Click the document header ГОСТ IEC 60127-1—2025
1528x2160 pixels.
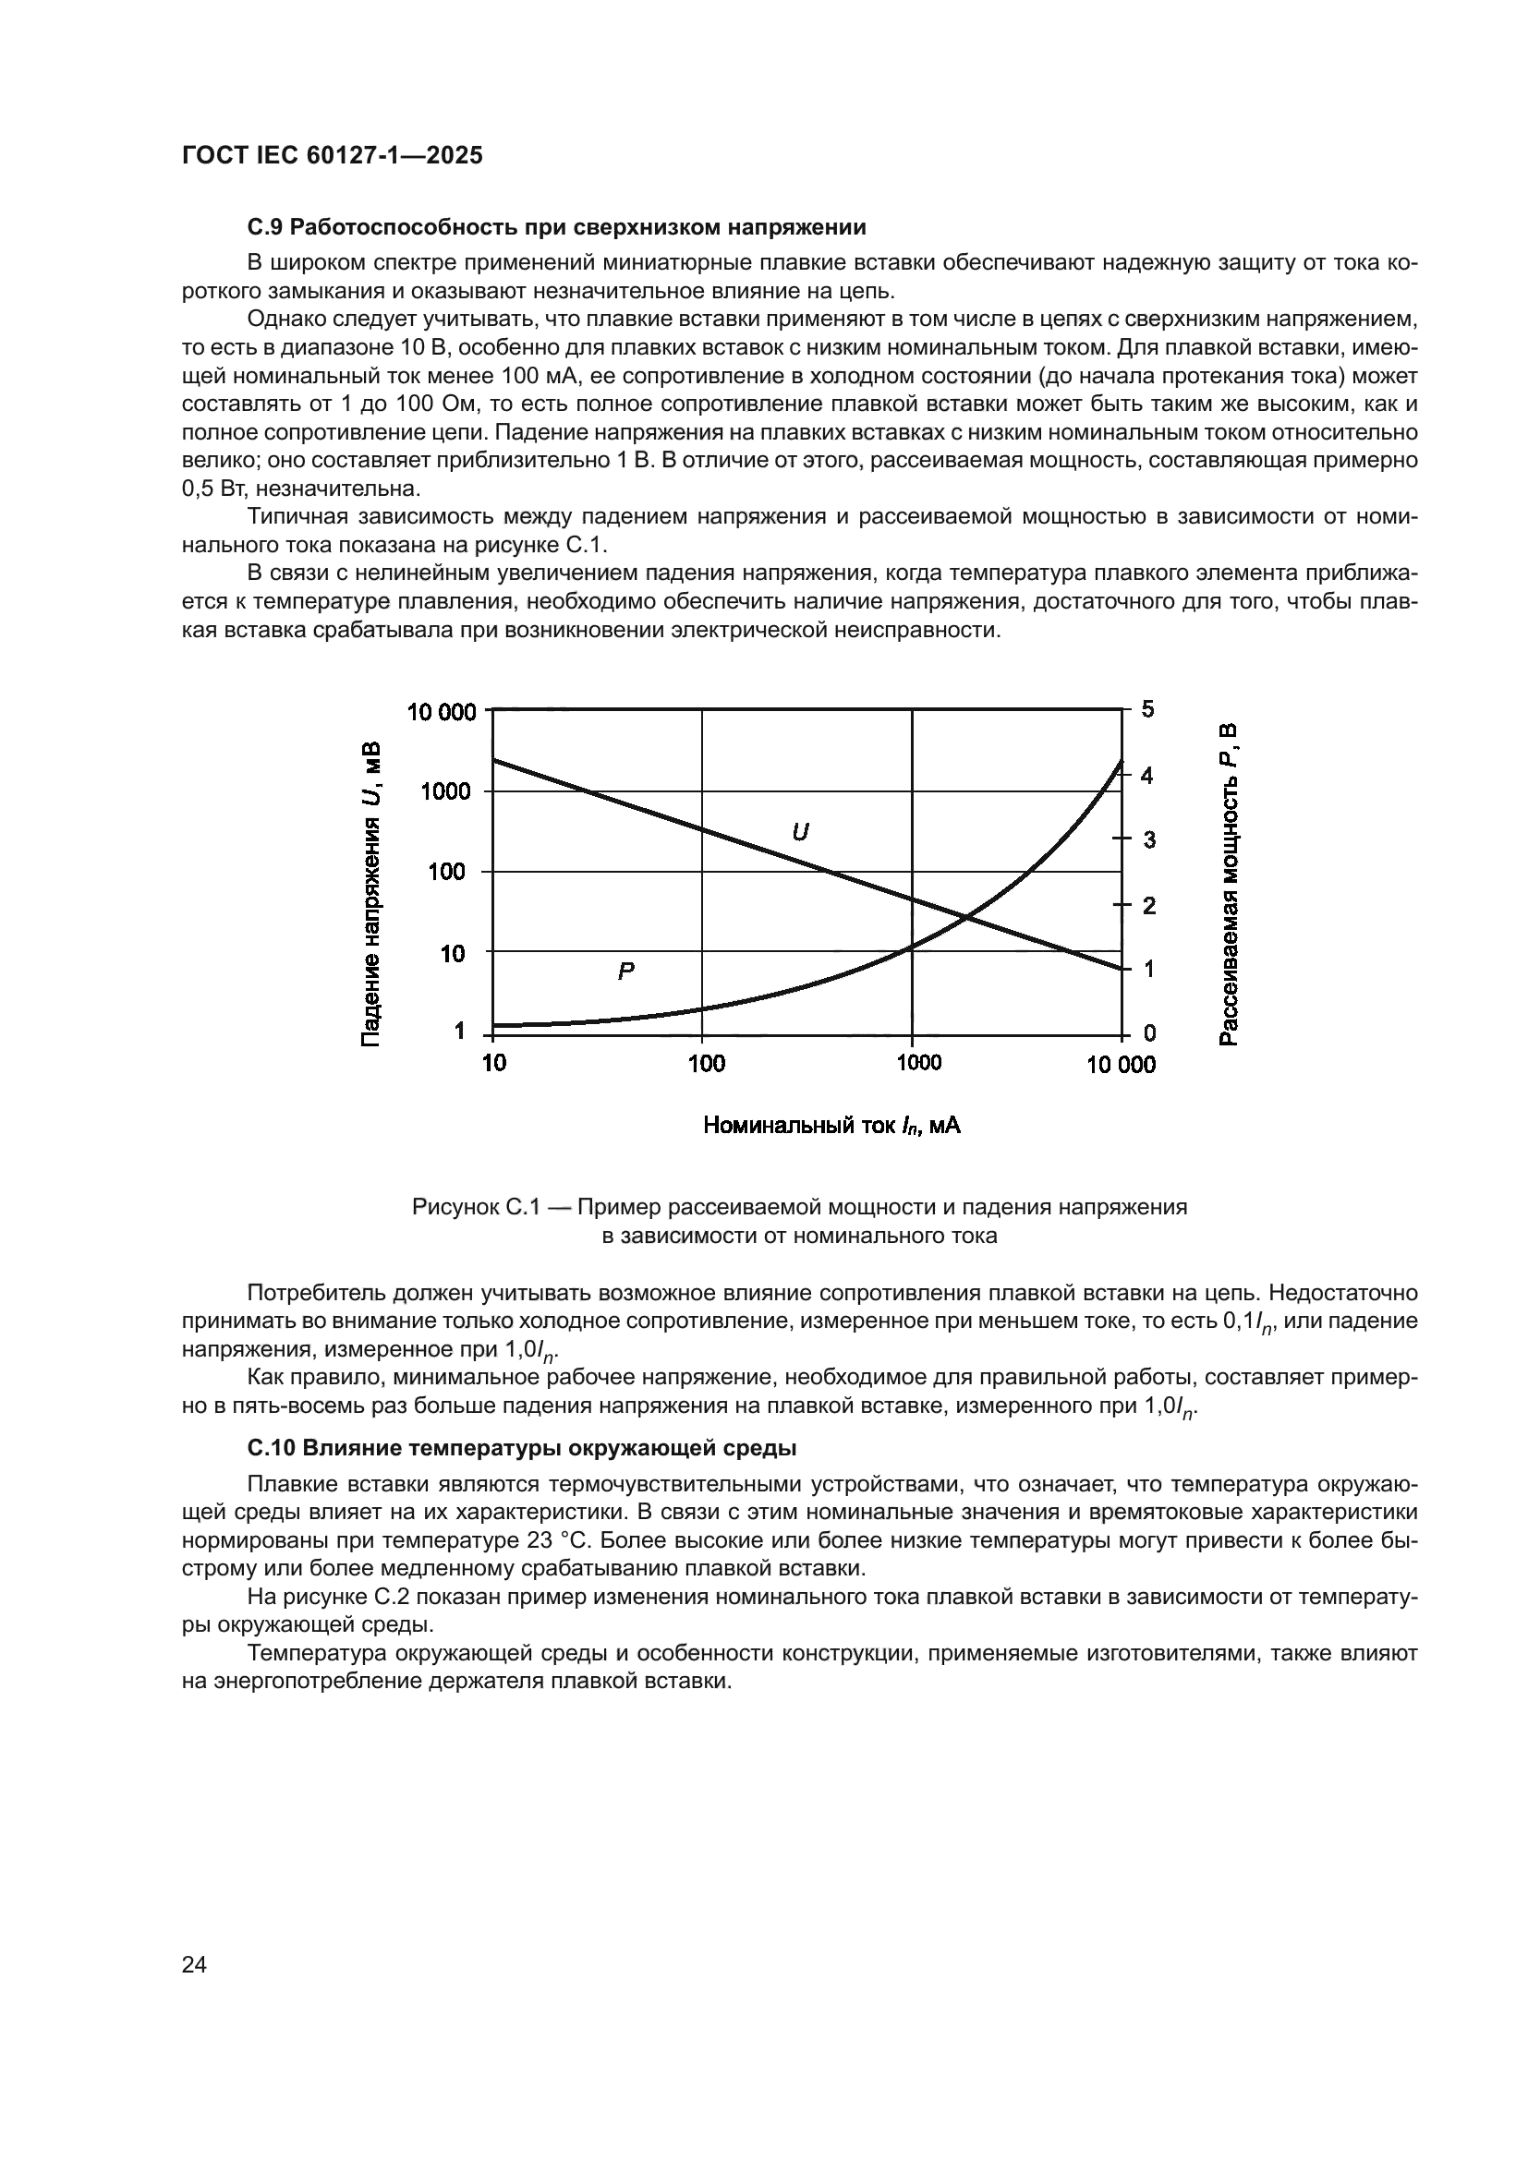[333, 156]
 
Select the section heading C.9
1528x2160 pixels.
[556, 228]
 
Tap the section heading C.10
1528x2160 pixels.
[521, 1448]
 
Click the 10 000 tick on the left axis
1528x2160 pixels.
[442, 712]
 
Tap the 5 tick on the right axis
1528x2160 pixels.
[1148, 709]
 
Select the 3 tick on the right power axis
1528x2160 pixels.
[1149, 840]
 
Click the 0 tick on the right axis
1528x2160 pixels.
[1149, 1034]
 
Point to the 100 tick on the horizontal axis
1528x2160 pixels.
[706, 1064]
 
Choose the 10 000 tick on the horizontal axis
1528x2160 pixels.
[1121, 1065]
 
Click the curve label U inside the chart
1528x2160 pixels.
[800, 833]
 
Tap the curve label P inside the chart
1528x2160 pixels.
[625, 971]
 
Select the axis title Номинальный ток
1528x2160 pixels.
[831, 1125]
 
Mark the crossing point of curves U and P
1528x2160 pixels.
[966, 916]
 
